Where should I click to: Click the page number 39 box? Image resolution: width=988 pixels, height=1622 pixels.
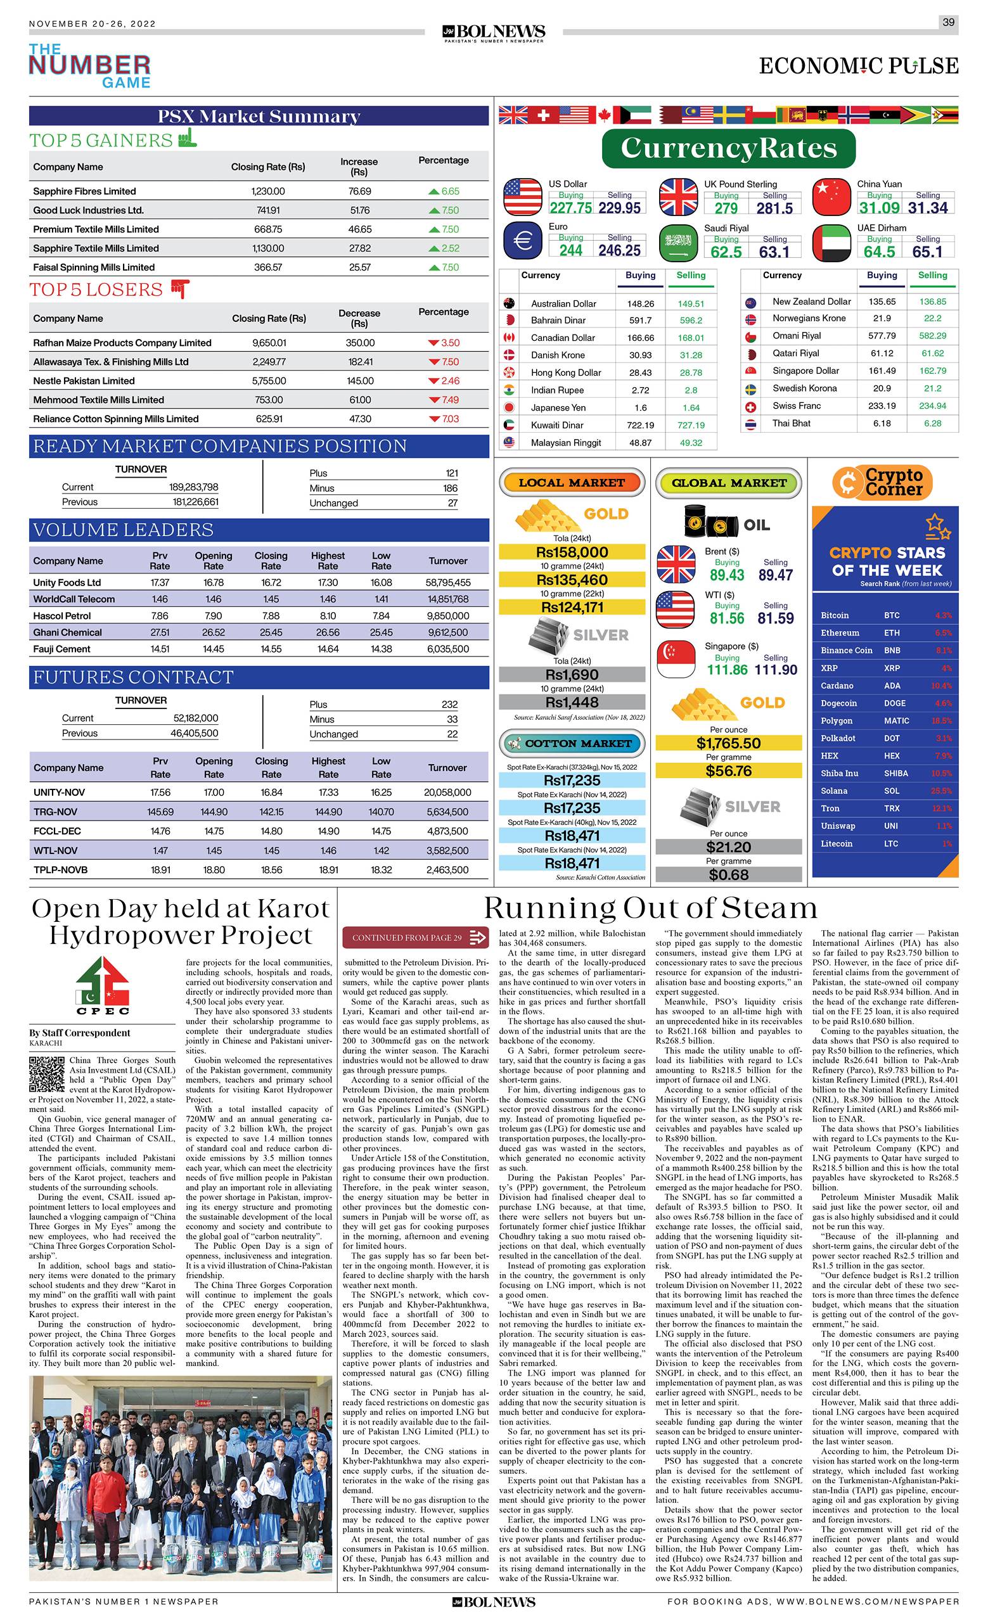tap(948, 22)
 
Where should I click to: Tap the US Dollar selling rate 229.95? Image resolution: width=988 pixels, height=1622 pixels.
tap(619, 208)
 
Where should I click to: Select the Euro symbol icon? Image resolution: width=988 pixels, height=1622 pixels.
tap(522, 241)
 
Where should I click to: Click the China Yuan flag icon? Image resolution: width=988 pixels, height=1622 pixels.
tap(832, 198)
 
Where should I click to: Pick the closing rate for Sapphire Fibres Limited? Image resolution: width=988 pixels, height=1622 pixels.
tap(268, 191)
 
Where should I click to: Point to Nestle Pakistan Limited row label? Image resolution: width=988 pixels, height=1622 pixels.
tap(84, 381)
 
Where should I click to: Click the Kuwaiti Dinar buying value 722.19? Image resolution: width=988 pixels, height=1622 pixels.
tap(640, 425)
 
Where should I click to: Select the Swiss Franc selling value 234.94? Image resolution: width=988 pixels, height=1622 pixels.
tap(933, 406)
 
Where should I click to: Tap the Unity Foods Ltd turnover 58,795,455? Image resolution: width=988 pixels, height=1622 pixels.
tap(447, 582)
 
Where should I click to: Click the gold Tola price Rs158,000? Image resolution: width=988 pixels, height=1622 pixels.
tap(572, 552)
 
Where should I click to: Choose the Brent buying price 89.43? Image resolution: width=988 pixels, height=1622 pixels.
tap(727, 575)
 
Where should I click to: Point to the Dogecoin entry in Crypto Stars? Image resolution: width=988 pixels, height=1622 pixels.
tap(838, 703)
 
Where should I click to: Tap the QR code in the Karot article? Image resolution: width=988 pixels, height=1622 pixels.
tap(48, 1075)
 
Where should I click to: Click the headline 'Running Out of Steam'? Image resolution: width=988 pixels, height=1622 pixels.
tap(650, 909)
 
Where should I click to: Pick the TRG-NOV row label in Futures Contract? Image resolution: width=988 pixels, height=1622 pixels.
tap(55, 812)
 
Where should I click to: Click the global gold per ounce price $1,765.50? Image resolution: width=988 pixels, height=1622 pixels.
tap(728, 743)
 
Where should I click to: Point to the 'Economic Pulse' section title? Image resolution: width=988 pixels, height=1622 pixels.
tap(858, 67)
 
